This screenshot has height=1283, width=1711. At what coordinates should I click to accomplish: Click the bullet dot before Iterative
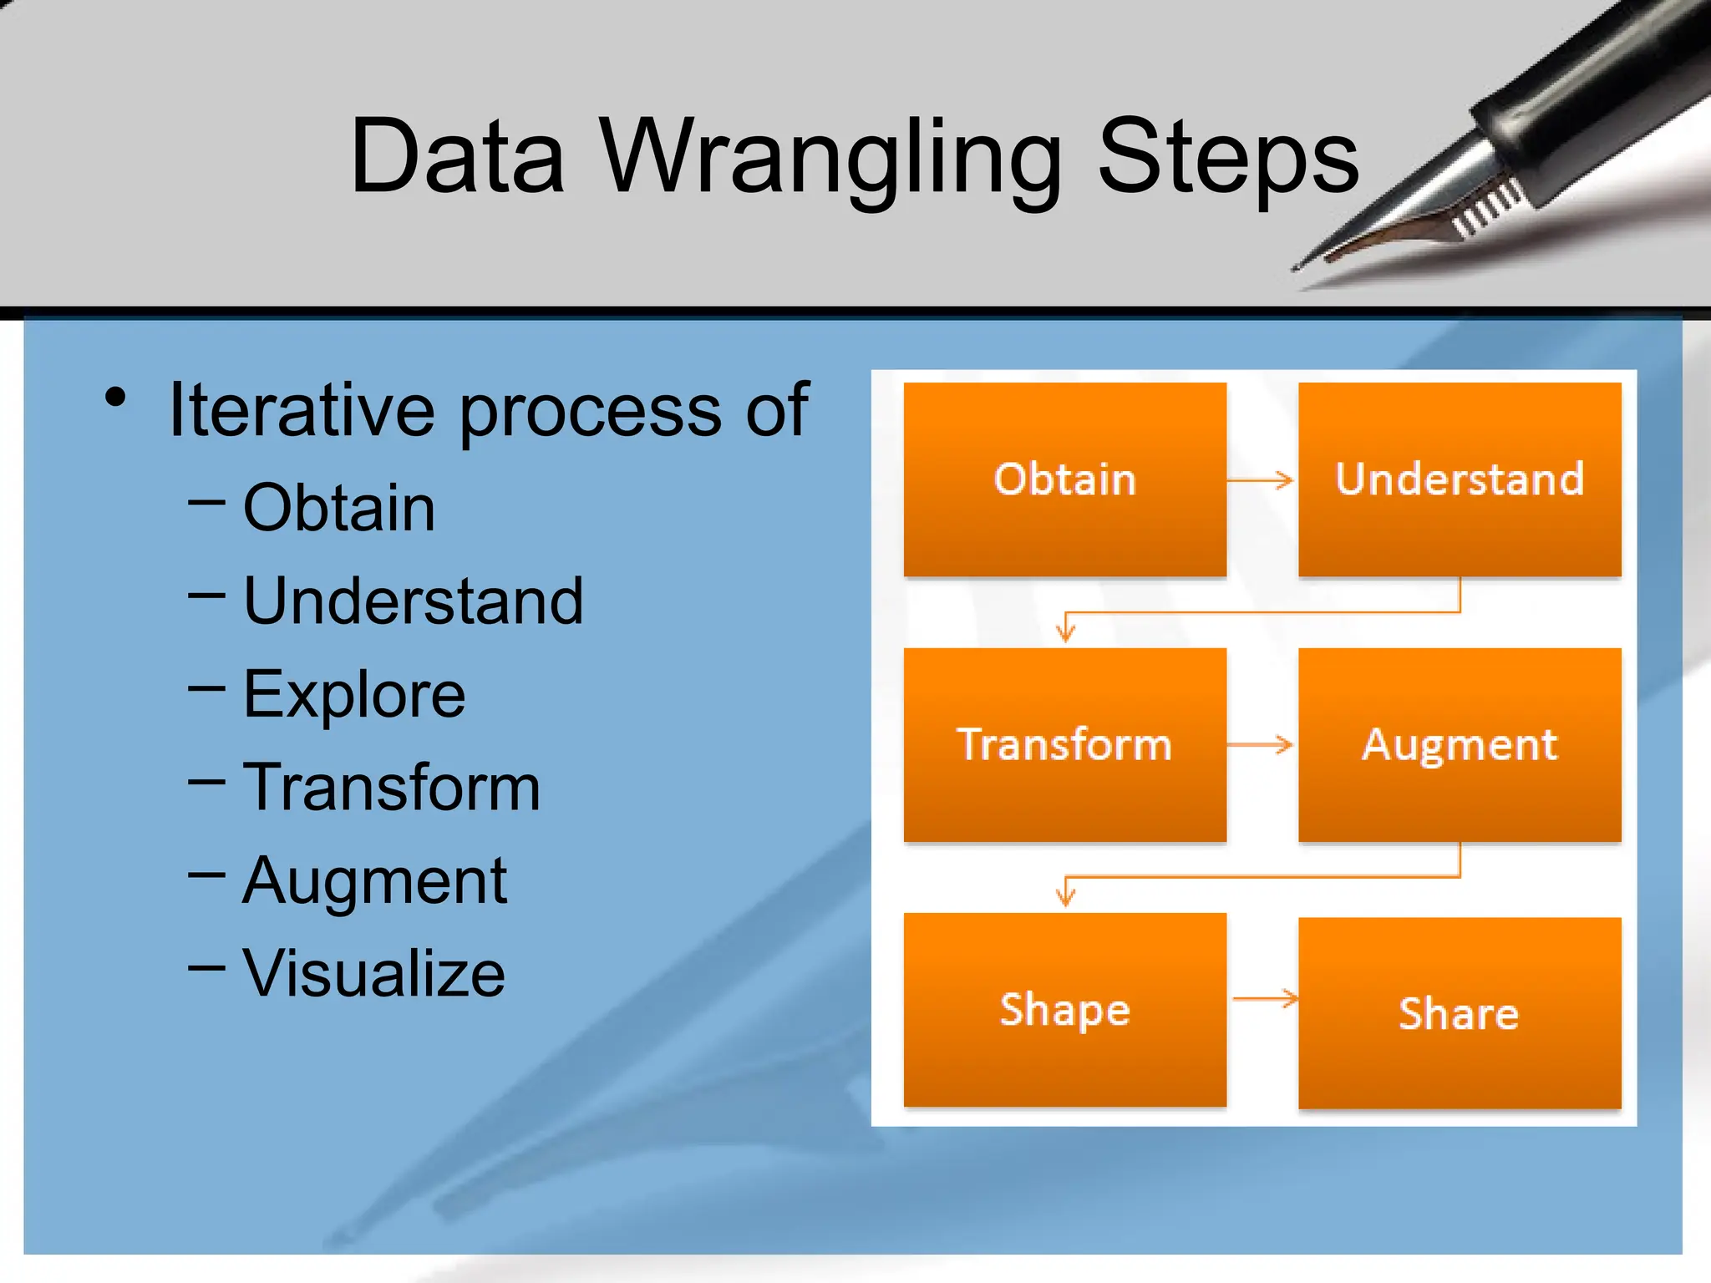[116, 398]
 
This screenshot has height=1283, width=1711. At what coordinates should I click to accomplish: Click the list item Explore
[354, 694]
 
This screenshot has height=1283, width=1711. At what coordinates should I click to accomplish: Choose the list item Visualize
[373, 973]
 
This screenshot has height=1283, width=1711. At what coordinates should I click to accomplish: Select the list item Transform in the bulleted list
[392, 787]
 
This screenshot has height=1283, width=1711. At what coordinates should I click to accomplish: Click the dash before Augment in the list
[206, 875]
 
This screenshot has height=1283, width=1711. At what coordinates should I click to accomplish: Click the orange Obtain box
[1064, 479]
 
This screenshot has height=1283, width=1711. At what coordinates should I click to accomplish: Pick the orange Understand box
[1459, 479]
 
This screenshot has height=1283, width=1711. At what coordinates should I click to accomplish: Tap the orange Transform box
[1064, 744]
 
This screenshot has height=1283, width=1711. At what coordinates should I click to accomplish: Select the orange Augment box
[1459, 744]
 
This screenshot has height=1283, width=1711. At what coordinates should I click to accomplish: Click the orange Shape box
[1064, 1009]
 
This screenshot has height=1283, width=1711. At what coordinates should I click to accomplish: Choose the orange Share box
[1459, 1013]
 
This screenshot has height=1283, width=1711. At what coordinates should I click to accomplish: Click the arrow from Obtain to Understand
[1260, 480]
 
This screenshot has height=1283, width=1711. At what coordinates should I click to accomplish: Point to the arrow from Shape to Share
[1265, 998]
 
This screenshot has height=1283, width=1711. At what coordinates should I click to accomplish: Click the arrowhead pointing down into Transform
[1065, 632]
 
